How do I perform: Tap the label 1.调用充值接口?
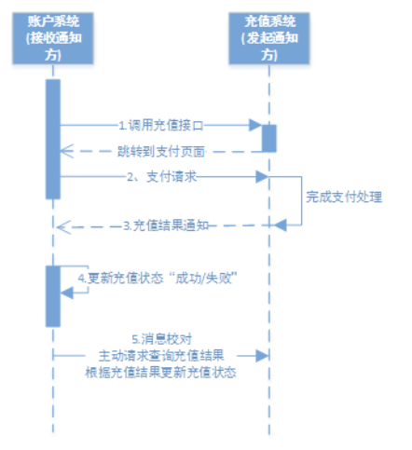pyautogui.click(x=159, y=124)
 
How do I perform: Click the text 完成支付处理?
pyautogui.click(x=344, y=198)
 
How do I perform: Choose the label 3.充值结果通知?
pyautogui.click(x=167, y=225)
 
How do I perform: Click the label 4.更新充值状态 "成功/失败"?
pyautogui.click(x=155, y=278)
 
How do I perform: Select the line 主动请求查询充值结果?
pyautogui.click(x=160, y=356)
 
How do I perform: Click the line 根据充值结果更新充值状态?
pyautogui.click(x=160, y=372)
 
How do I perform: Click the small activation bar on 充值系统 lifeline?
pyautogui.click(x=268, y=137)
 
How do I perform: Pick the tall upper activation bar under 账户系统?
pyautogui.click(x=53, y=138)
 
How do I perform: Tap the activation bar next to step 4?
pyautogui.click(x=53, y=295)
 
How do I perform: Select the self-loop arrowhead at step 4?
pyautogui.click(x=66, y=293)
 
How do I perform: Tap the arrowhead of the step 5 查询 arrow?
pyautogui.click(x=264, y=355)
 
